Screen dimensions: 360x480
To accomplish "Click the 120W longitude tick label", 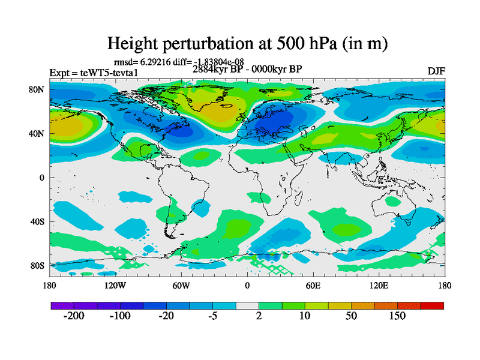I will [x=115, y=285].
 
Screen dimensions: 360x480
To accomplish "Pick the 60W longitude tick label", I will [x=181, y=285].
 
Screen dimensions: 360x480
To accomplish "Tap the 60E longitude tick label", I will [x=313, y=285].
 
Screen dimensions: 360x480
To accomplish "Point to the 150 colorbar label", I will [x=397, y=316].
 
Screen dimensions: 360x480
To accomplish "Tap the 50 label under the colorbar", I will [x=351, y=316].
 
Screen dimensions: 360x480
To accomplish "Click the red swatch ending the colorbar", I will [x=432, y=305].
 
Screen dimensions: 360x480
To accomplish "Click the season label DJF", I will [x=436, y=71].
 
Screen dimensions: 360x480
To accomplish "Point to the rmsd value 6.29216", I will [x=155, y=61].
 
